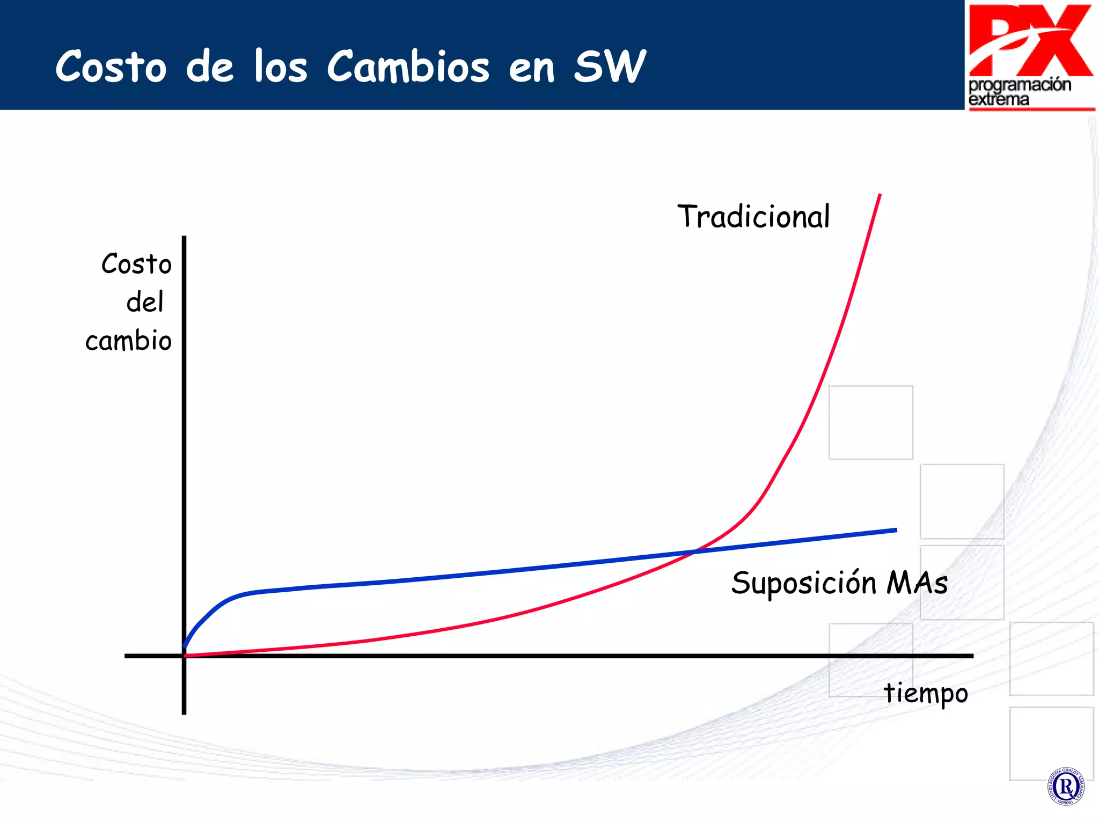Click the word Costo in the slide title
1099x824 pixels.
click(111, 67)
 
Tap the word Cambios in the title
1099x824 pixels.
click(408, 67)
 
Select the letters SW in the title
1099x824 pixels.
click(610, 67)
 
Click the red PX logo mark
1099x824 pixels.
click(1030, 40)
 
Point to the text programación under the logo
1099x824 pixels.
click(1020, 85)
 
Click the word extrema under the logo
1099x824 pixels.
click(999, 100)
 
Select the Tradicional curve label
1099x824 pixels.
click(753, 217)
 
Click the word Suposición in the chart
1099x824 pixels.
click(803, 584)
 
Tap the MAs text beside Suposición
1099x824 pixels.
click(917, 583)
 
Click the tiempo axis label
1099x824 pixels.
click(926, 693)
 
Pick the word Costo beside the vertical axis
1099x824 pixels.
click(136, 264)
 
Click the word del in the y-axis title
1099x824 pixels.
click(145, 302)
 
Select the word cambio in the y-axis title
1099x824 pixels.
click(128, 341)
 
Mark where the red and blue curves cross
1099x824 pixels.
click(693, 551)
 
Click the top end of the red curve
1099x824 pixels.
click(880, 195)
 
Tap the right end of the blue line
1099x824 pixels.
click(896, 530)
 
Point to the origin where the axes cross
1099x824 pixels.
click(184, 656)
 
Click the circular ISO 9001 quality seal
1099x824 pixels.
click(1065, 786)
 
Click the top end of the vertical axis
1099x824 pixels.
click(184, 238)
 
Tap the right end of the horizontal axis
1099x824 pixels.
click(972, 656)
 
